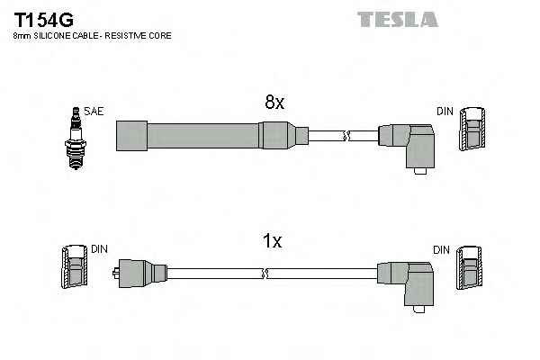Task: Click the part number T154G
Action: pos(41,18)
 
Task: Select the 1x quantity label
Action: pos(272,241)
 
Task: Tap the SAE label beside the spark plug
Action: pos(94,112)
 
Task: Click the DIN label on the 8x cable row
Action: pos(445,112)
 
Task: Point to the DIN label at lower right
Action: pos(441,248)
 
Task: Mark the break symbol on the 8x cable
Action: pos(345,135)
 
